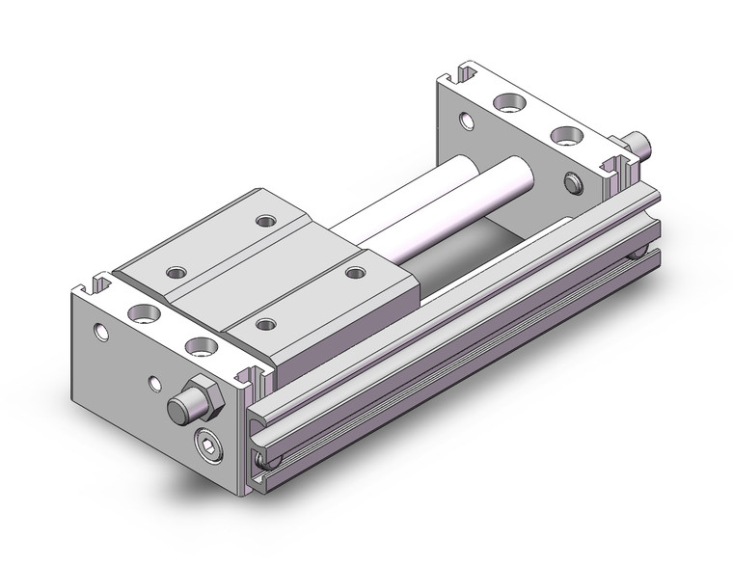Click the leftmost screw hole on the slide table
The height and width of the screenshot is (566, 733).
(176, 272)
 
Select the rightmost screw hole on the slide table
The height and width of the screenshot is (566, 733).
(354, 272)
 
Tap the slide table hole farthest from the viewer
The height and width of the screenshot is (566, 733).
(264, 221)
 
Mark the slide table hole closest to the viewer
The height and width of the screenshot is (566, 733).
(264, 325)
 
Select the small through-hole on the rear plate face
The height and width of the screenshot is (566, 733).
(468, 121)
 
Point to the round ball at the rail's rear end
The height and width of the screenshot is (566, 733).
(638, 254)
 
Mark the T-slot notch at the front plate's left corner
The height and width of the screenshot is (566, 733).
(95, 285)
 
